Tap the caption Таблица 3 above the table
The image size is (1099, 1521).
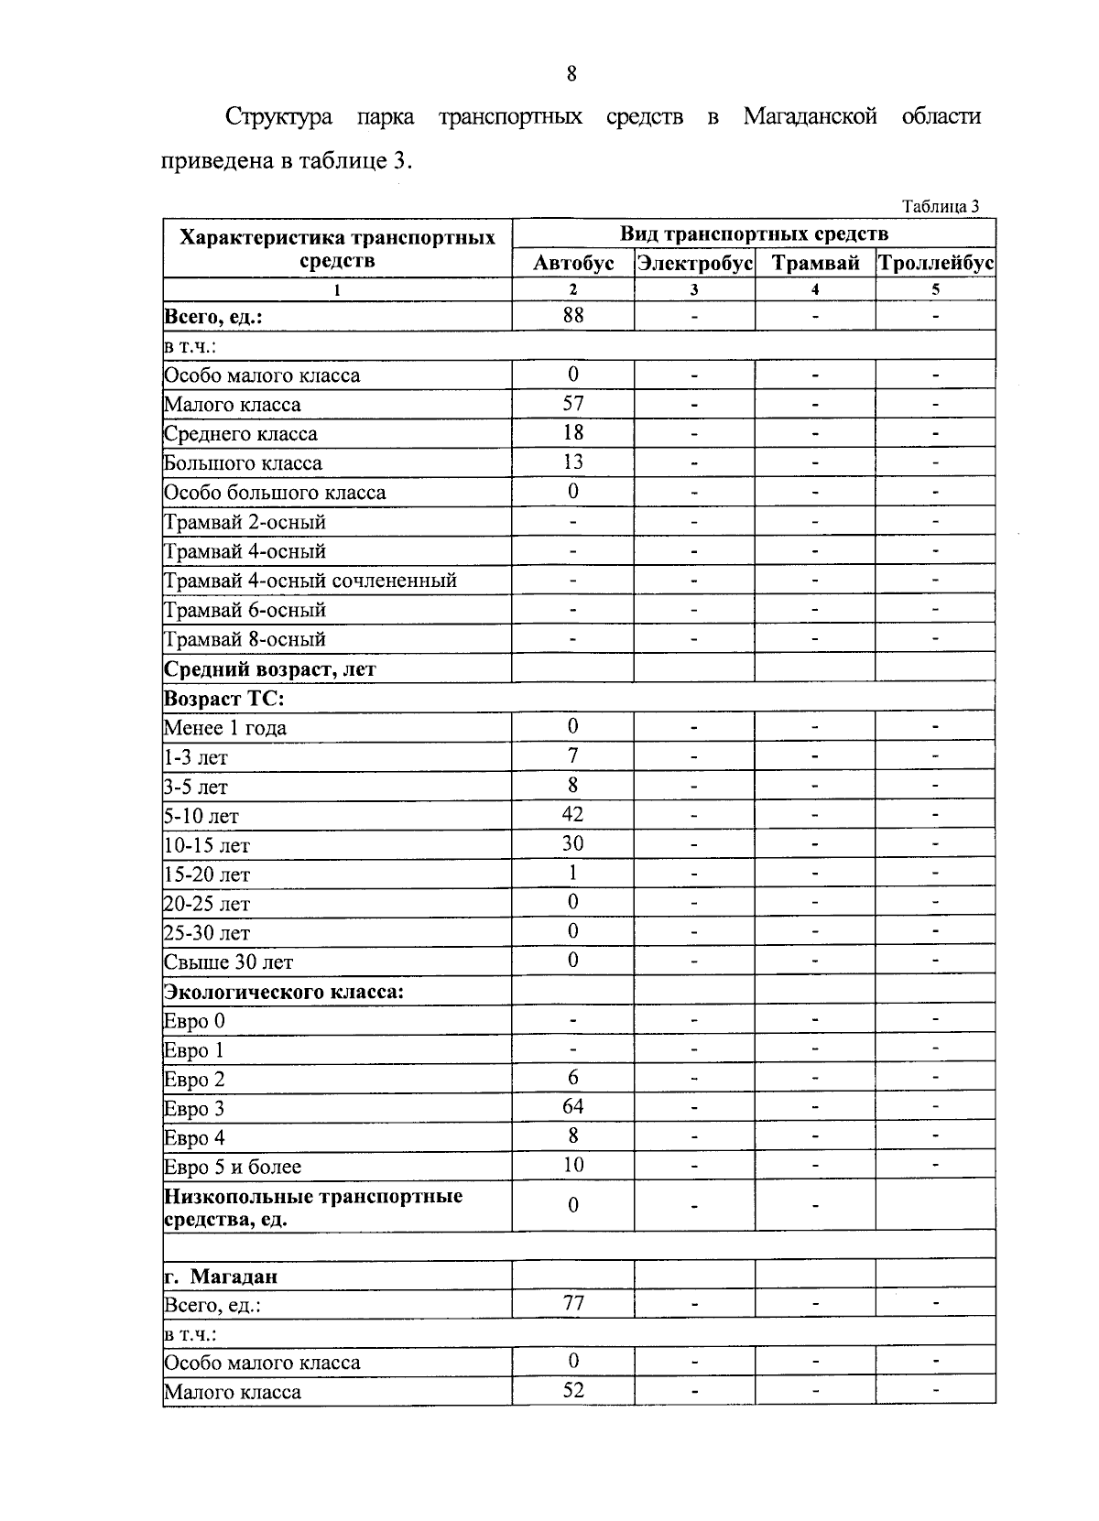pyautogui.click(x=941, y=206)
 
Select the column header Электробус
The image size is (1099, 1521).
pyautogui.click(x=694, y=264)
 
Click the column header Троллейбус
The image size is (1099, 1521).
pyautogui.click(x=935, y=264)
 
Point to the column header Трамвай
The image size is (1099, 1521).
pyautogui.click(x=815, y=264)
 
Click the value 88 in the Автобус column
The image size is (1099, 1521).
pyautogui.click(x=573, y=316)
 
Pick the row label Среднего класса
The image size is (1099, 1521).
pyautogui.click(x=241, y=434)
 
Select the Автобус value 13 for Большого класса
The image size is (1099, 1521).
pyautogui.click(x=573, y=462)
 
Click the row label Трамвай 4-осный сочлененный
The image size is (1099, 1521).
pyautogui.click(x=310, y=581)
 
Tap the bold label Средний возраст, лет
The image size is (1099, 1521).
pyautogui.click(x=270, y=669)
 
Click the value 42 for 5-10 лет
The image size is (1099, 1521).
pyautogui.click(x=573, y=815)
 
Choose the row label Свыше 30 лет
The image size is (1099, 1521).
pyautogui.click(x=229, y=962)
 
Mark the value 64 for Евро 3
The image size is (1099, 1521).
pyautogui.click(x=573, y=1107)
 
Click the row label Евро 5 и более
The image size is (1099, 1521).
pyautogui.click(x=233, y=1168)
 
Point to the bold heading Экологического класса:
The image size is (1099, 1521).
pyautogui.click(x=284, y=992)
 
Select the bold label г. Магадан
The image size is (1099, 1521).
pyautogui.click(x=221, y=1277)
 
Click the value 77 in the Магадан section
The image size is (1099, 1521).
pyautogui.click(x=573, y=1303)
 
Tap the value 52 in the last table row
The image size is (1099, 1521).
pyautogui.click(x=573, y=1390)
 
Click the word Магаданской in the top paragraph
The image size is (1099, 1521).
pyautogui.click(x=811, y=117)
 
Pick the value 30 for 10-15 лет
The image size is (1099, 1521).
pyautogui.click(x=573, y=844)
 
